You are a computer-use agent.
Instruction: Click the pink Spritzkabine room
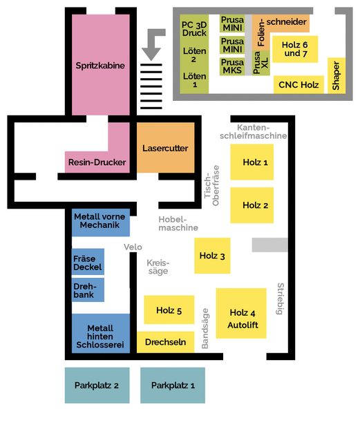pyautogui.click(x=101, y=65)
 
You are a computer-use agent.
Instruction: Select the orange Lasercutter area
pyautogui.click(x=165, y=147)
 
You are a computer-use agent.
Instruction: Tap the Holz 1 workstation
pyautogui.click(x=252, y=162)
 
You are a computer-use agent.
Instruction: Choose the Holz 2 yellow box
pyautogui.click(x=252, y=205)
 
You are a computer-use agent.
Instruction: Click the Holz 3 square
pyautogui.click(x=212, y=256)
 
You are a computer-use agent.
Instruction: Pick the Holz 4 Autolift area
pyautogui.click(x=241, y=313)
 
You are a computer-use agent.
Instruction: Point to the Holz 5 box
pyautogui.click(x=169, y=310)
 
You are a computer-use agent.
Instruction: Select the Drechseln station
pyautogui.click(x=165, y=342)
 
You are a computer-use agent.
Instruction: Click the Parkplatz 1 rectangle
pyautogui.click(x=173, y=385)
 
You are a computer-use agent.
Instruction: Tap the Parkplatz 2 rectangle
pyautogui.click(x=97, y=385)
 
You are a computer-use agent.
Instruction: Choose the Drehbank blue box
pyautogui.click(x=88, y=290)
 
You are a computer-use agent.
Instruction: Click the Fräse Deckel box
pyautogui.click(x=88, y=262)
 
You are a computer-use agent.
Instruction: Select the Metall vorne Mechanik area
pyautogui.click(x=101, y=223)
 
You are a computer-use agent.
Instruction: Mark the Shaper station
pyautogui.click(x=337, y=75)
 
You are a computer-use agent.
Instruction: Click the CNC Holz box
pyautogui.click(x=299, y=84)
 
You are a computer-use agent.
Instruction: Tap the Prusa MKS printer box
pyautogui.click(x=232, y=66)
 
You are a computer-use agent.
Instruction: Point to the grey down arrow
pyautogui.click(x=153, y=44)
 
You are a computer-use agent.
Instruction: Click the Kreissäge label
pyautogui.click(x=158, y=267)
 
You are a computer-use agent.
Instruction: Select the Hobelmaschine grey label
pyautogui.click(x=178, y=223)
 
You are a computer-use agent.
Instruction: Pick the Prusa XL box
pyautogui.click(x=260, y=63)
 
